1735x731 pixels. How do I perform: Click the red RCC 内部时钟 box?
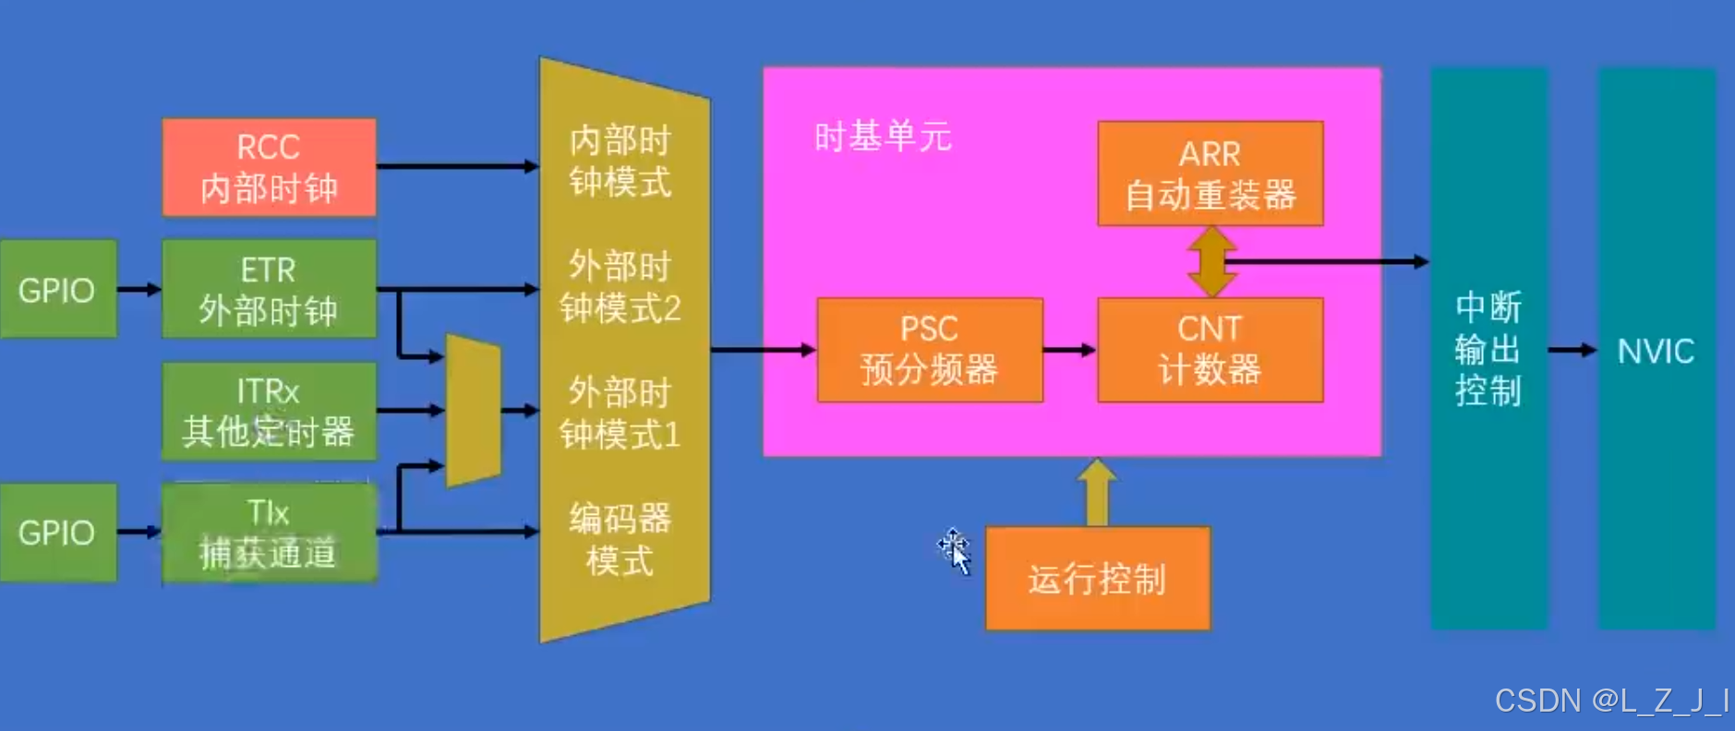tap(269, 167)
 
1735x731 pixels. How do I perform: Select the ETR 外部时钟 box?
tap(269, 289)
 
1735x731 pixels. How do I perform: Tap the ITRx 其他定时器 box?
tap(269, 411)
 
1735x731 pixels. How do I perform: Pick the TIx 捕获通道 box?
tap(269, 533)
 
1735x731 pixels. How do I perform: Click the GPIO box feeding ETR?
tap(57, 289)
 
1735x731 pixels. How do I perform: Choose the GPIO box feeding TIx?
tap(57, 533)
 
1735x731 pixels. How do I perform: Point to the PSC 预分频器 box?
tap(929, 350)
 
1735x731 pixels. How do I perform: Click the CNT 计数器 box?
tap(1210, 350)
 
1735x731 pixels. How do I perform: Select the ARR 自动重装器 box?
tap(1210, 174)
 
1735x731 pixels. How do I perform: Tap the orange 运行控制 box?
tap(1097, 579)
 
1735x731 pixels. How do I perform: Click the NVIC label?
tap(1656, 351)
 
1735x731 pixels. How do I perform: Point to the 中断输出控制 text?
tap(1488, 349)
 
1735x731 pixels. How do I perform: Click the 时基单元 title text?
tap(882, 138)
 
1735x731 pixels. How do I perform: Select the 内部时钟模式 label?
tap(620, 162)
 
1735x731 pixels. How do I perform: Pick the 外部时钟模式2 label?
tap(620, 287)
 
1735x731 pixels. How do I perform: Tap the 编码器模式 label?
tap(620, 539)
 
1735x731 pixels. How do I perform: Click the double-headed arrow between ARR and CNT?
tap(1211, 261)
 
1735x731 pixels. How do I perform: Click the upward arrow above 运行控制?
tap(1097, 492)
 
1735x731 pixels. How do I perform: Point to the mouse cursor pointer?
tap(956, 551)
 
